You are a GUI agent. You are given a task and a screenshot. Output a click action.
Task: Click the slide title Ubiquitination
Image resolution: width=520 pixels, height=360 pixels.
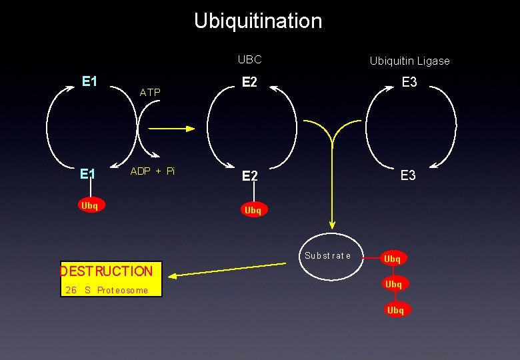258,21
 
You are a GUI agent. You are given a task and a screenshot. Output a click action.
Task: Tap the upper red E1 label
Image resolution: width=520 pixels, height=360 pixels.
90,81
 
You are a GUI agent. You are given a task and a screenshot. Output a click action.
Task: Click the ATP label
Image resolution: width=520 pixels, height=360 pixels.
150,93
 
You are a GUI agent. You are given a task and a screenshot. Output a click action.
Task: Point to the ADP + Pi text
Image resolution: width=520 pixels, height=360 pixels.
153,171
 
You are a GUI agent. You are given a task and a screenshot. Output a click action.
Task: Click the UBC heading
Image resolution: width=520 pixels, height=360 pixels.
250,59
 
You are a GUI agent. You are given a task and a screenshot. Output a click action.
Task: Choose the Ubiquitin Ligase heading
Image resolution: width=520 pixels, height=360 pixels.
409,61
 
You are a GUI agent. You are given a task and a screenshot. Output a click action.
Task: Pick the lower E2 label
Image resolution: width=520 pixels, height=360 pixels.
250,176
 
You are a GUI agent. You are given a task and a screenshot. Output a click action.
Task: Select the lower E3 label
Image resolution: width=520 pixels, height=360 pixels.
408,176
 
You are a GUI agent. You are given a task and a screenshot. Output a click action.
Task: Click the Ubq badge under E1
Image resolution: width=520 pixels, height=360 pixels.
89,205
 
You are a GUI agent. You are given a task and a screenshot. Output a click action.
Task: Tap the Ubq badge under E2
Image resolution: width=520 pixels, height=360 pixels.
253,210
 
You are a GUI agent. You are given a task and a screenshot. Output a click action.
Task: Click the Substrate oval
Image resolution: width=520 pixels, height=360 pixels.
327,256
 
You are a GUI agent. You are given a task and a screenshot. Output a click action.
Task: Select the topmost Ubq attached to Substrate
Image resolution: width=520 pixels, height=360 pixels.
393,259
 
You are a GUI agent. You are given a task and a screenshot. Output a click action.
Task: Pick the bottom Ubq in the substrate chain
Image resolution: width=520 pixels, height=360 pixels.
395,310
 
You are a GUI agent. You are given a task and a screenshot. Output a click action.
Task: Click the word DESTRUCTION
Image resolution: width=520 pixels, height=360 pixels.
107,271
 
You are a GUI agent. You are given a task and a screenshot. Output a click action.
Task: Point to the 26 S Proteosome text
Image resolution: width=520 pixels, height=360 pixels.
107,290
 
